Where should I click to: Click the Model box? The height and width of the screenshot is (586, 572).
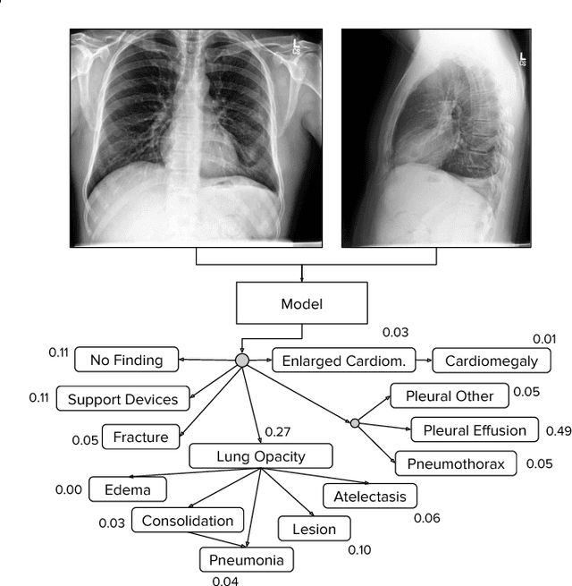(301, 304)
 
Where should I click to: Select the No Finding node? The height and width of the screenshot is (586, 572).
(127, 361)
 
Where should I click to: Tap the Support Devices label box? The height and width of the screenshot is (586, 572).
(123, 399)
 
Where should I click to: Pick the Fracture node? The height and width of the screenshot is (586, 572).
(141, 437)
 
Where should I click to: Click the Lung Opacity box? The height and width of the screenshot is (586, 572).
(261, 456)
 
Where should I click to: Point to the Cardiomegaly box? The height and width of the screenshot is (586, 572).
(492, 361)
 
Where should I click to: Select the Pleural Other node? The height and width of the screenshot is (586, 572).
(450, 395)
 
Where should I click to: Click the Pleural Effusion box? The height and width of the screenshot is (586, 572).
(474, 430)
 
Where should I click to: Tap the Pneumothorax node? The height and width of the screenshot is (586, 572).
(456, 463)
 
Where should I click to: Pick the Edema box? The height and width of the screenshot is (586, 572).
(122, 490)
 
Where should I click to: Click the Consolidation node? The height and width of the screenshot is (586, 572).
(188, 521)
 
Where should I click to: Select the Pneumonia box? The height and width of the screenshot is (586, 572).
(247, 561)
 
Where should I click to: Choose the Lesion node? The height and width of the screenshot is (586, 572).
(315, 530)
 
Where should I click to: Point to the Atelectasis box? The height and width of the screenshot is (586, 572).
(370, 497)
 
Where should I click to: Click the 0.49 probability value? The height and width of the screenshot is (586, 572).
(558, 431)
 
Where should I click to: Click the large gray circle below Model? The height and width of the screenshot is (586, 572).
(241, 360)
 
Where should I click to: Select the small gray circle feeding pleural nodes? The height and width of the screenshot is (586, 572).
(355, 422)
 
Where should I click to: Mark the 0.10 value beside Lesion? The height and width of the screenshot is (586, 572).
(359, 549)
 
